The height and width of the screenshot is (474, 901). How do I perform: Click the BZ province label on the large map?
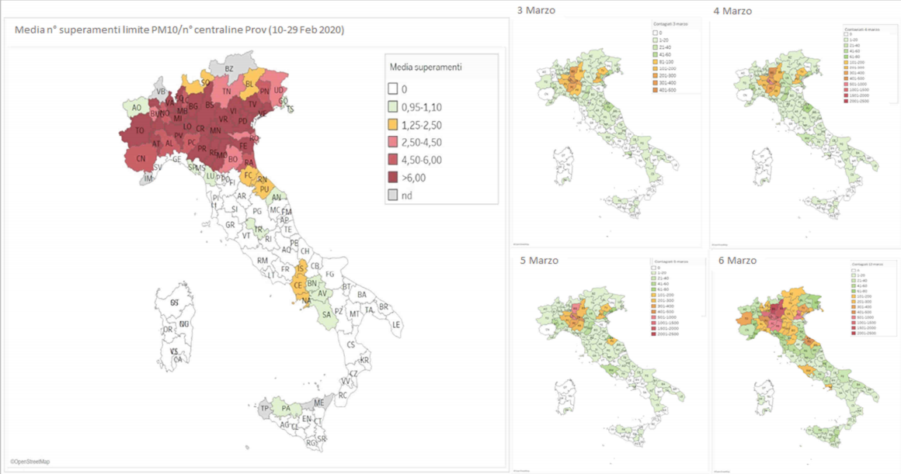point(229,69)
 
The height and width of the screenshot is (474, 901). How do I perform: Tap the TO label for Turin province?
point(140,131)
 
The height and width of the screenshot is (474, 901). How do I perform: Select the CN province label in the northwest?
point(141,159)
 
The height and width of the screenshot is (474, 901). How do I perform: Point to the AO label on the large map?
point(137,108)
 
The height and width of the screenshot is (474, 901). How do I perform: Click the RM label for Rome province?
point(263,261)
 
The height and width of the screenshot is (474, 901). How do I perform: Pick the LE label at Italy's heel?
point(396,324)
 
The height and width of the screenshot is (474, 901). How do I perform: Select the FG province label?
point(329,274)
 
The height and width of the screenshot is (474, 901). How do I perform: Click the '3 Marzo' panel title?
point(536,10)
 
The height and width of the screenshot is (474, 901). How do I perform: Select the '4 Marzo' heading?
point(733,11)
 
